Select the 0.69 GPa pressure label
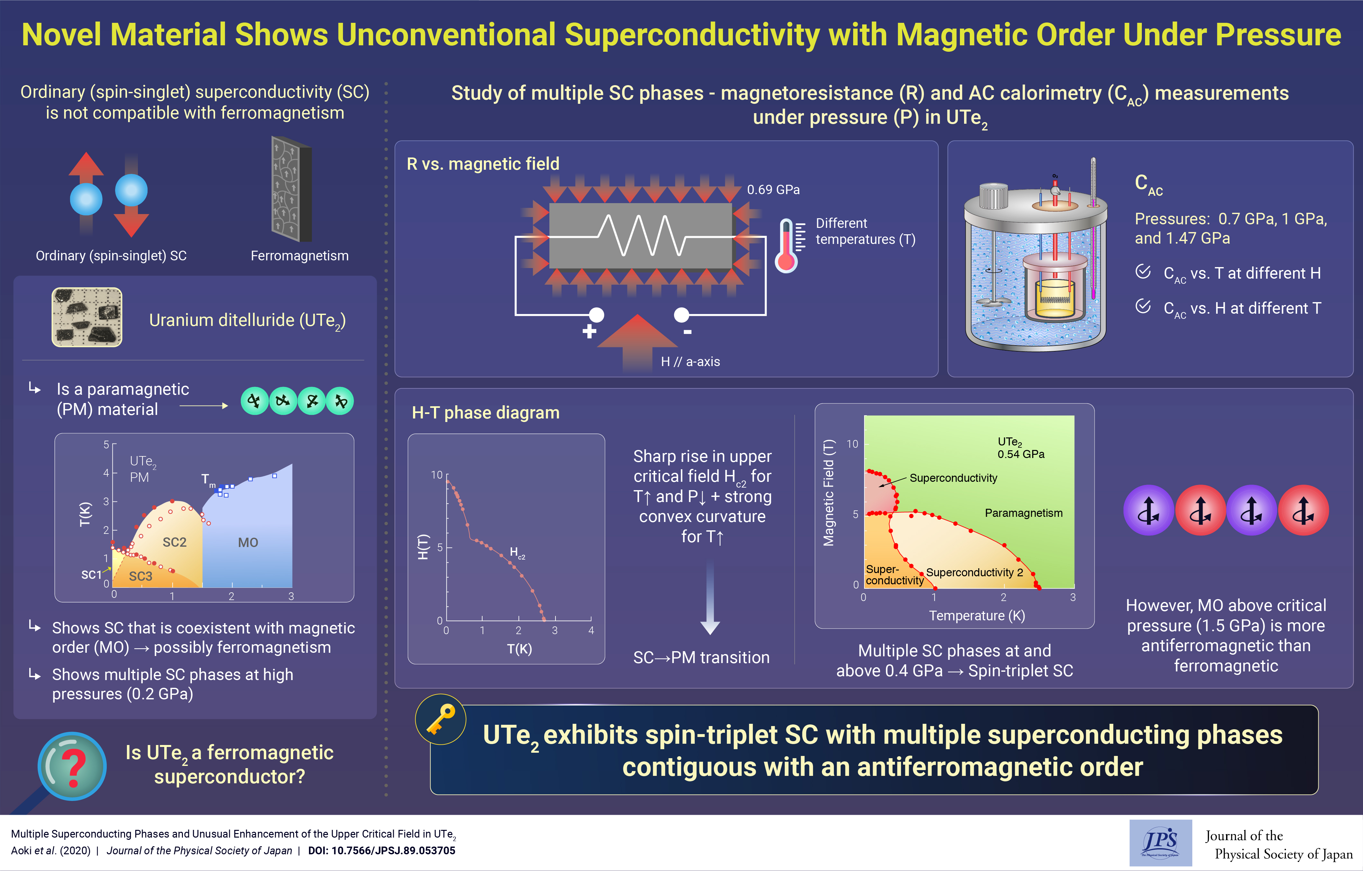point(773,190)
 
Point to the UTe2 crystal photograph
point(87,317)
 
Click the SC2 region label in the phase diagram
point(174,542)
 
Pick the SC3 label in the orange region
point(140,576)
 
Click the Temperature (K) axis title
point(977,616)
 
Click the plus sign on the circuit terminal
point(589,331)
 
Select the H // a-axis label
point(691,362)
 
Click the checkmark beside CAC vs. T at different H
point(1143,272)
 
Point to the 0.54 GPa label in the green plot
point(1021,454)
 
